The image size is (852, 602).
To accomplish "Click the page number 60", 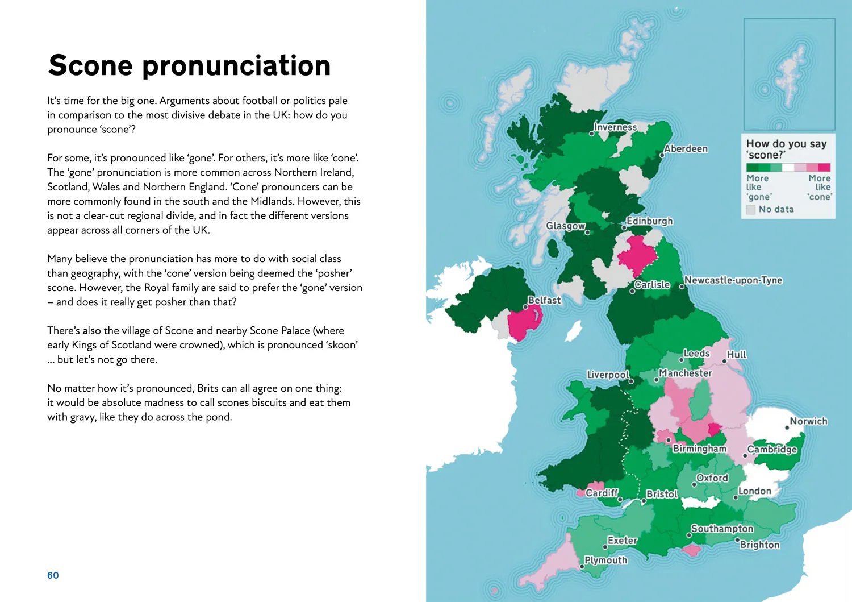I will [x=53, y=575].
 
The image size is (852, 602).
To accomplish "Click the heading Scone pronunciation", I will [x=189, y=65].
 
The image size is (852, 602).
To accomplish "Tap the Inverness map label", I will [x=615, y=127].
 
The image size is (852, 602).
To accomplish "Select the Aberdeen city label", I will [x=686, y=149].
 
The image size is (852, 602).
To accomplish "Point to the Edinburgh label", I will [x=649, y=221].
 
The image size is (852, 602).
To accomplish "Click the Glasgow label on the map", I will [x=566, y=226].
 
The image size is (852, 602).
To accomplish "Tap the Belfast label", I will [x=544, y=300].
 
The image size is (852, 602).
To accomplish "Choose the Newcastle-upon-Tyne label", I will [x=733, y=280].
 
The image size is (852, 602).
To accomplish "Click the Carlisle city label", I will [x=652, y=284].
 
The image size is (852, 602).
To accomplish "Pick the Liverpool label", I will [x=608, y=375].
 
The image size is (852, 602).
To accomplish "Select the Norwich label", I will [x=808, y=421].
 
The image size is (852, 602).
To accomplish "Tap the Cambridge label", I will [x=772, y=449].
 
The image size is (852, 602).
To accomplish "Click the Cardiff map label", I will [x=602, y=493].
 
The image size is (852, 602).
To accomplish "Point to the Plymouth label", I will [x=606, y=560].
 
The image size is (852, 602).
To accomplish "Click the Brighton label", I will [x=759, y=545].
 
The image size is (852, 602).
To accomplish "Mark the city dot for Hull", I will [x=724, y=361].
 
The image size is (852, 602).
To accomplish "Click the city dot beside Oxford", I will [x=694, y=485].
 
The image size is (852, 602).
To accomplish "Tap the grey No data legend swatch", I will [x=751, y=210].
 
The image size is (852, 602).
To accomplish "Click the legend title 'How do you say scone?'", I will [x=786, y=149].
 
